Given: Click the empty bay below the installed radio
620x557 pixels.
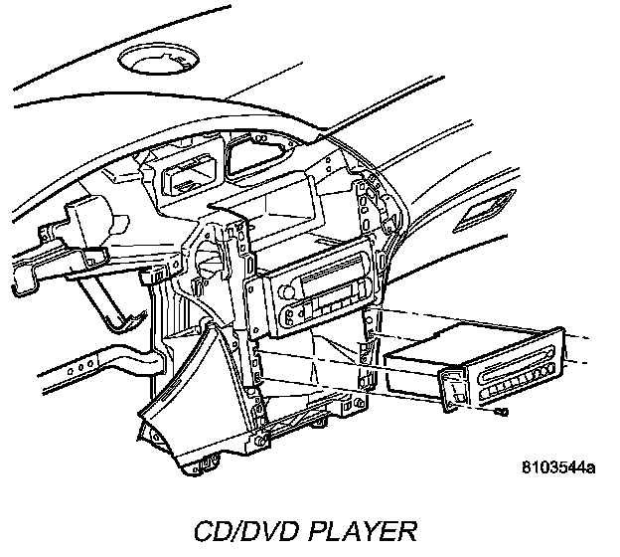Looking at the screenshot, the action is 308,363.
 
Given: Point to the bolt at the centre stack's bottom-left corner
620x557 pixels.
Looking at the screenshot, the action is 260,438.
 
